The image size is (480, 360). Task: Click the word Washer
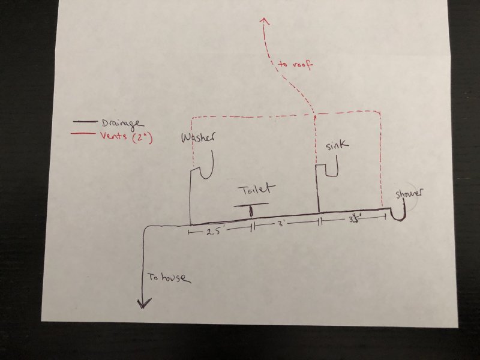[x=198, y=138]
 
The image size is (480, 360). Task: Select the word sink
[x=337, y=145]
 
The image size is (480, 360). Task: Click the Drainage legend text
[x=122, y=124]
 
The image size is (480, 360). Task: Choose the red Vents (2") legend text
[x=127, y=137]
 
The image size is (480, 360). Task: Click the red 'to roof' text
[x=295, y=65]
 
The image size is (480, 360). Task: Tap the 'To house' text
[x=169, y=278]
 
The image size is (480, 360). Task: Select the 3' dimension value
[x=280, y=223]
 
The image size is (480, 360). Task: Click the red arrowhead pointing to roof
[x=264, y=21]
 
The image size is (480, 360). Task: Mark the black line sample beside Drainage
[x=85, y=122]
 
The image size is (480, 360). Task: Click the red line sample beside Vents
[x=82, y=133]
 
